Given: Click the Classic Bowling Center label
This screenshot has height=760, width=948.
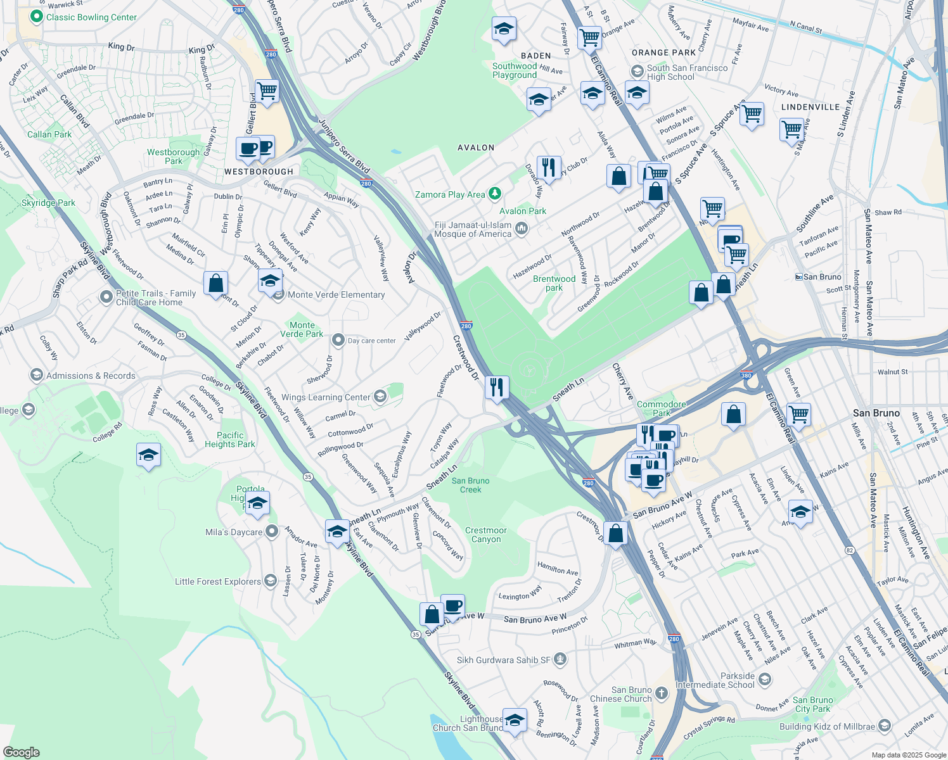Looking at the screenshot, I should (x=91, y=17).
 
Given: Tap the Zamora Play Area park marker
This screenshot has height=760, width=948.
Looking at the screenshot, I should (x=495, y=194).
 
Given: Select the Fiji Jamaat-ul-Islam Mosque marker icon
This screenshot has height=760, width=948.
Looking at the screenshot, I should (x=522, y=228).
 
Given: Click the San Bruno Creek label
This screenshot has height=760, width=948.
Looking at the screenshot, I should (x=470, y=485).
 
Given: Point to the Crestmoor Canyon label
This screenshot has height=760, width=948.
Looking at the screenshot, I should (x=486, y=535).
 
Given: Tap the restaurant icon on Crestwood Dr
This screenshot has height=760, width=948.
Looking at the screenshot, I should (x=497, y=387).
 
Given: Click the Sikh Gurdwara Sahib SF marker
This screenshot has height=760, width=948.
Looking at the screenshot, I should (x=560, y=659).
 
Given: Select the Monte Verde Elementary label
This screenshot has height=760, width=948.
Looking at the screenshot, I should (x=336, y=294).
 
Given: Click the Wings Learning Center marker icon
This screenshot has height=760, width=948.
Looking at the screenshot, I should (x=380, y=397).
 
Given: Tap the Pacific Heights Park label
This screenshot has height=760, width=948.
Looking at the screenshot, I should (x=230, y=440).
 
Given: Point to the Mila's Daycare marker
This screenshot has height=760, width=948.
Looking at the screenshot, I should (x=272, y=531).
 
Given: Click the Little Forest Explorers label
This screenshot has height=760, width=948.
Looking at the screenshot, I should (x=217, y=581).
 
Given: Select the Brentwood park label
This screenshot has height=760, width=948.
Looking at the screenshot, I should (x=554, y=283).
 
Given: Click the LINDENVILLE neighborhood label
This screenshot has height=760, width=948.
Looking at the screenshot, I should (x=810, y=107).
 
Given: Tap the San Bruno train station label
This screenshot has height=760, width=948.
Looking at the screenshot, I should (x=822, y=277).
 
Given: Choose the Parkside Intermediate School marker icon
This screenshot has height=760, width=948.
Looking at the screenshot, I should (x=765, y=680).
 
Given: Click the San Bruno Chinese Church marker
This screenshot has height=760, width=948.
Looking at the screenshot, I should (x=662, y=693).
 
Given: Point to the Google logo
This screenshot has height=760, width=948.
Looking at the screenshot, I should (x=22, y=752).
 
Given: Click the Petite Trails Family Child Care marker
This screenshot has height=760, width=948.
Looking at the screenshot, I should (x=106, y=296).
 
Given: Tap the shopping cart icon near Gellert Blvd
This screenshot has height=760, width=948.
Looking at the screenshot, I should (x=267, y=91).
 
